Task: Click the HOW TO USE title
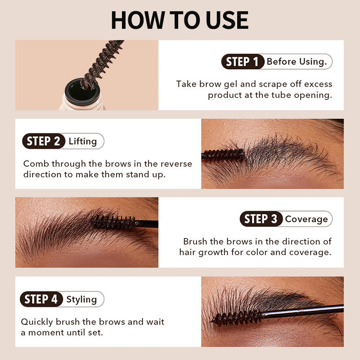tap(180, 20)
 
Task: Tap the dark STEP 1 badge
tap(242, 62)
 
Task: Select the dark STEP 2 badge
tap(43, 141)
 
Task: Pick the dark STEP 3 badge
tap(261, 219)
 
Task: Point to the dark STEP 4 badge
tap(41, 299)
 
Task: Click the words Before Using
tap(297, 62)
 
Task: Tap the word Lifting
tap(83, 141)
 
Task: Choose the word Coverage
tap(306, 219)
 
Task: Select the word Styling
tap(81, 299)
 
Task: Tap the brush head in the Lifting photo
tap(224, 155)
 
